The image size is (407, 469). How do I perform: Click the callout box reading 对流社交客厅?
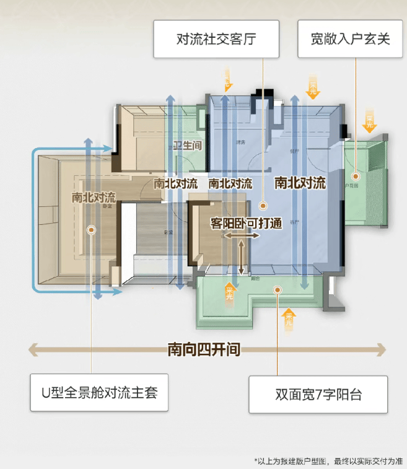[x=216, y=40]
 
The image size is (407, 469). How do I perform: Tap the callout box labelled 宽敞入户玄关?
[x=350, y=39]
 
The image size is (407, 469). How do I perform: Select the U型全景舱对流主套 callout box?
[x=99, y=392]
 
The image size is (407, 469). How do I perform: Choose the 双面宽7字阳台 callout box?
[x=318, y=395]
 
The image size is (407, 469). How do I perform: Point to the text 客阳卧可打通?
[x=247, y=223]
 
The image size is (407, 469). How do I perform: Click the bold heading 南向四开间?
[x=204, y=349]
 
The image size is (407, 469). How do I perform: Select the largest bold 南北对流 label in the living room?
[x=300, y=183]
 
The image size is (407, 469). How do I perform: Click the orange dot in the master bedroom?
[x=92, y=229]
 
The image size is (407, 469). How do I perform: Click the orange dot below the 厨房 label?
[x=263, y=203]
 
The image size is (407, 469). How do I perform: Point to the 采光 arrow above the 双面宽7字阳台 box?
[x=289, y=320]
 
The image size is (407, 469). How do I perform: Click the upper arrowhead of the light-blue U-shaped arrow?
[x=111, y=149]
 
